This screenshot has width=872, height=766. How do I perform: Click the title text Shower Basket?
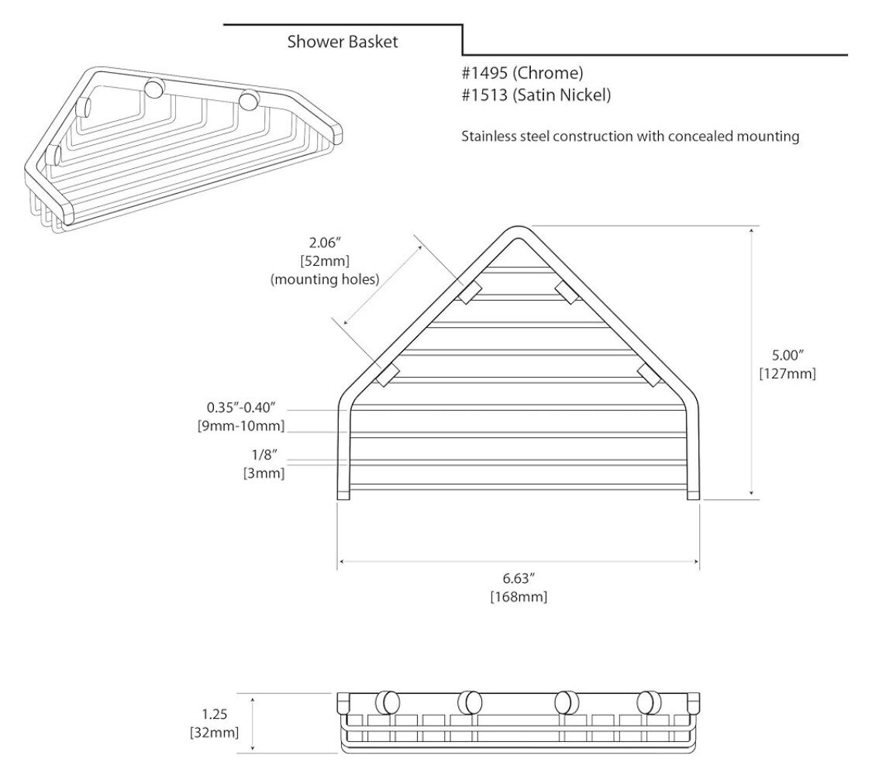tap(343, 42)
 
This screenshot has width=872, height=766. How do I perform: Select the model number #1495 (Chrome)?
tap(522, 73)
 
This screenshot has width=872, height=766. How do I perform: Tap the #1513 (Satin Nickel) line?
tap(536, 95)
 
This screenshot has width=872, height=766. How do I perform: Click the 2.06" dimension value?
tap(325, 243)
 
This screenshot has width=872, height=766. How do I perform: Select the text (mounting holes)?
tap(325, 279)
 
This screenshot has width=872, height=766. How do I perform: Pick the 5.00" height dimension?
tap(788, 354)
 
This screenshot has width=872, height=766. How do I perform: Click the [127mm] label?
tap(788, 373)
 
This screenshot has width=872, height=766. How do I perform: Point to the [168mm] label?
tap(519, 598)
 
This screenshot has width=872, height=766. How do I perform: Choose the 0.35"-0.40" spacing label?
tap(241, 408)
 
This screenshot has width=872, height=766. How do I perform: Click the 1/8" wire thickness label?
tap(264, 455)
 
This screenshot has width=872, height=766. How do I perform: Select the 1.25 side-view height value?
tap(214, 714)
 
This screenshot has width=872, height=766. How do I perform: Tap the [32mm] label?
tap(214, 733)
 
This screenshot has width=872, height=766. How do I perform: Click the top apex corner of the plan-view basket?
tap(518, 227)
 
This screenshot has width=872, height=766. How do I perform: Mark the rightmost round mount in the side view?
tap(649, 702)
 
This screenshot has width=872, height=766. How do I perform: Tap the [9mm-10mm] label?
tap(241, 426)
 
